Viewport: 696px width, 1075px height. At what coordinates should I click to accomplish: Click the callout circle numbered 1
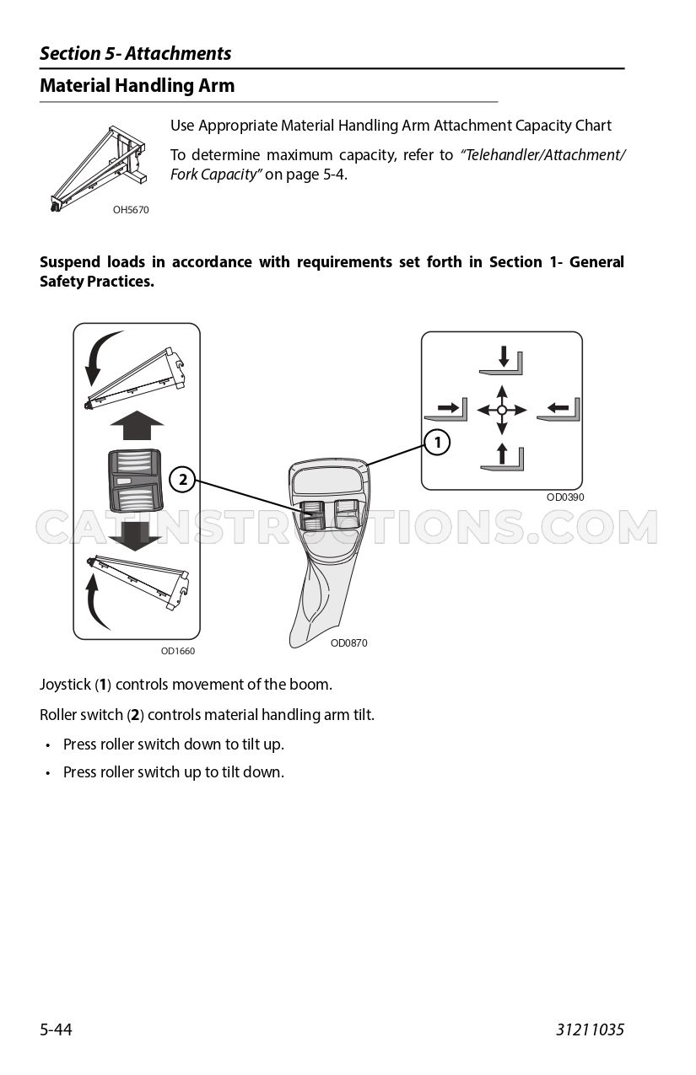click(x=437, y=442)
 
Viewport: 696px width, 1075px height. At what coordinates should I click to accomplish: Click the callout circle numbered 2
click(x=182, y=480)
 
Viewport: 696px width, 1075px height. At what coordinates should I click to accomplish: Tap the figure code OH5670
click(x=131, y=210)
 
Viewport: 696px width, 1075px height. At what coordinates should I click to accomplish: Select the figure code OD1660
click(x=178, y=651)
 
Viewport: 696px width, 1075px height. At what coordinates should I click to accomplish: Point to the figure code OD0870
click(x=348, y=642)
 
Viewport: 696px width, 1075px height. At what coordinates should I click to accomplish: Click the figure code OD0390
click(x=565, y=497)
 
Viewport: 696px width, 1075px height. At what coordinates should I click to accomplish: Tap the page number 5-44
click(x=56, y=1029)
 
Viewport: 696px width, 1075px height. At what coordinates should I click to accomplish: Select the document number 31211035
click(x=590, y=1029)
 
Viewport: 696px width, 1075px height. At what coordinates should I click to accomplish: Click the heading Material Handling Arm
click(x=138, y=85)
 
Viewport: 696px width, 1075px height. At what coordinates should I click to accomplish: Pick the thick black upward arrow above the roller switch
click(x=137, y=425)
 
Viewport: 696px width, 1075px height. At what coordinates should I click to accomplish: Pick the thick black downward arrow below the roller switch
click(x=135, y=536)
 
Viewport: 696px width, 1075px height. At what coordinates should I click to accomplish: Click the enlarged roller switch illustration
click(x=135, y=481)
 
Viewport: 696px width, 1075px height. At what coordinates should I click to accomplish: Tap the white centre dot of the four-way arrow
click(x=501, y=411)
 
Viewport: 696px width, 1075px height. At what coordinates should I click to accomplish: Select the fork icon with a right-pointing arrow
click(x=445, y=410)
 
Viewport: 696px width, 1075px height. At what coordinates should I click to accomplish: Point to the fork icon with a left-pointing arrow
click(x=558, y=410)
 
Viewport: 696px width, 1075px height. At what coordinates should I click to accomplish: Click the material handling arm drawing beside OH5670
click(x=99, y=168)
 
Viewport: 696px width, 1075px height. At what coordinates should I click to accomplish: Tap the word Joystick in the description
click(x=65, y=685)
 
